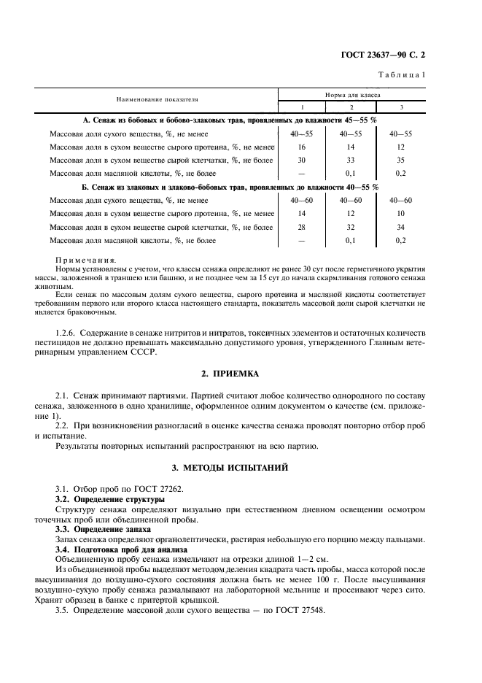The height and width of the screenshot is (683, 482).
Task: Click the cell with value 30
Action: [x=301, y=160]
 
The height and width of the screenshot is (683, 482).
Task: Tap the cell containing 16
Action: [x=301, y=147]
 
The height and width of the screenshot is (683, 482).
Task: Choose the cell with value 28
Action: [x=301, y=227]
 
